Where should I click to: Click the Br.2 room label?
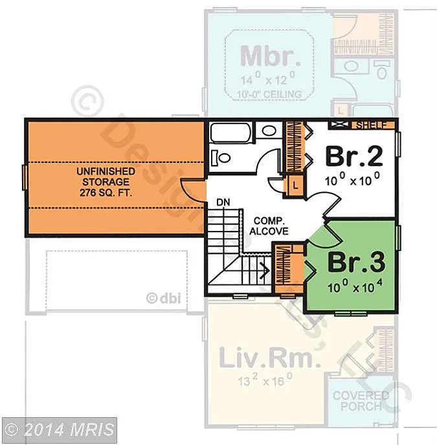[x=353, y=155]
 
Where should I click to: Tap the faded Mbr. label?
[x=270, y=56]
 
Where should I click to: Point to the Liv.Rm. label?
[x=269, y=358]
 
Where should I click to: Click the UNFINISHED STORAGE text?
[x=106, y=177]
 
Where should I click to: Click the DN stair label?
[x=223, y=202]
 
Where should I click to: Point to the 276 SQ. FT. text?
[x=106, y=193]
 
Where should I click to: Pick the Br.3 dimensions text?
[x=355, y=285]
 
